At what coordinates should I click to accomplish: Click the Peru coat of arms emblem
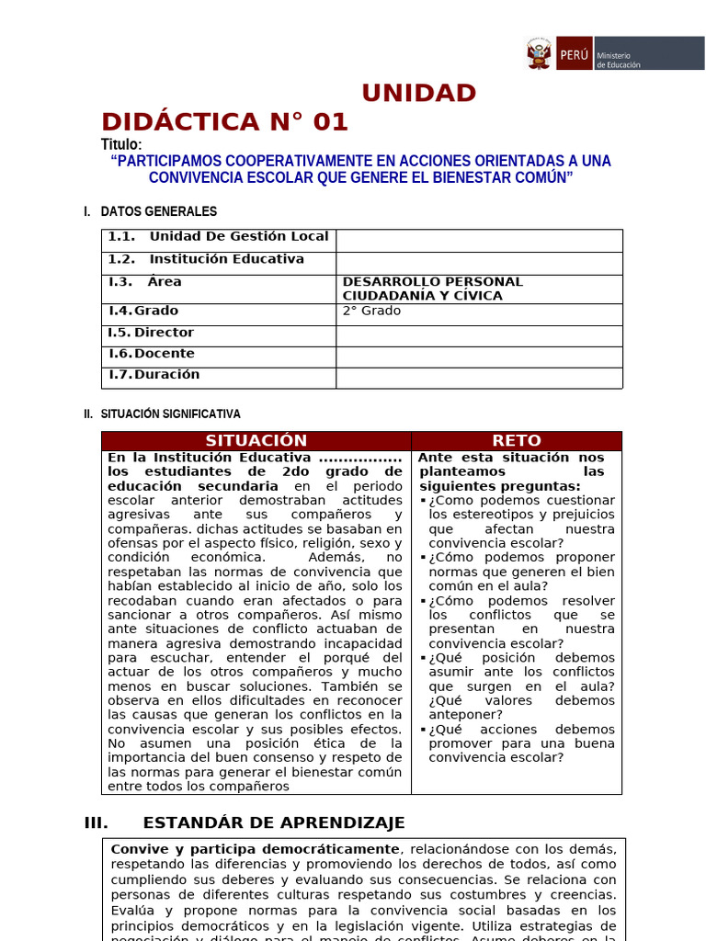pyautogui.click(x=539, y=53)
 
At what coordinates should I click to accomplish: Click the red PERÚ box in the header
pyautogui.click(x=573, y=53)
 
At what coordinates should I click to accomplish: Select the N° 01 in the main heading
pyautogui.click(x=309, y=122)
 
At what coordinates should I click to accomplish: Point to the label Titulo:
pyautogui.click(x=121, y=145)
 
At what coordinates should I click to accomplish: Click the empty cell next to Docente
pyautogui.click(x=478, y=356)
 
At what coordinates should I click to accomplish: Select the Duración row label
pyautogui.click(x=166, y=375)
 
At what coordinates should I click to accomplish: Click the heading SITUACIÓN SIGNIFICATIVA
pyautogui.click(x=170, y=414)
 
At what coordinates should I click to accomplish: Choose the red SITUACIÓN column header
pyautogui.click(x=256, y=441)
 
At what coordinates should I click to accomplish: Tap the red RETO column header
pyautogui.click(x=517, y=441)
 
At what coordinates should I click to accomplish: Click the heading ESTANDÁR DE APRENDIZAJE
pyautogui.click(x=274, y=823)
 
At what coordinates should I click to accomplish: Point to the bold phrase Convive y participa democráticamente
pyautogui.click(x=255, y=849)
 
